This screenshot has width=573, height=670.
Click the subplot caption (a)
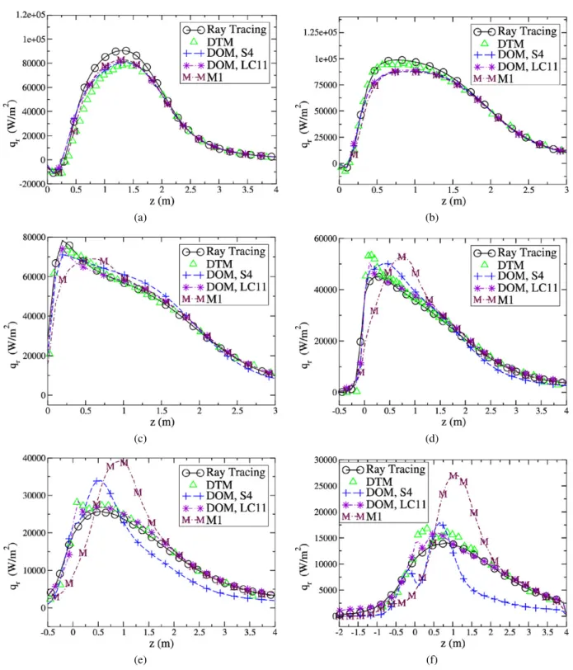click(140, 218)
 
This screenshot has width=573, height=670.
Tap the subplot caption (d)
click(432, 439)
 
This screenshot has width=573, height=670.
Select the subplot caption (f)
click(432, 660)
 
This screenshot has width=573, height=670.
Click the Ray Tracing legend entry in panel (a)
click(224, 30)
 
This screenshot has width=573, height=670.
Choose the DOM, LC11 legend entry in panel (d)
click(515, 288)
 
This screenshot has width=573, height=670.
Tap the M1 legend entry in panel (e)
click(202, 520)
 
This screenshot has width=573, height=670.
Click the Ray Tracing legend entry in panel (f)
click(384, 469)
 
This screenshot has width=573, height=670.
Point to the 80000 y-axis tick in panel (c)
click(34, 238)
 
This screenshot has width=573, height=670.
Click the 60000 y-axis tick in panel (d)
click(326, 238)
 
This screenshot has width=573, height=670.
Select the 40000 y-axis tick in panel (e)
click(34, 459)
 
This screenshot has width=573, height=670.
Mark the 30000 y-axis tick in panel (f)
click(326, 460)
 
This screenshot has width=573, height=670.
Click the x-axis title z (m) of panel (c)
click(162, 422)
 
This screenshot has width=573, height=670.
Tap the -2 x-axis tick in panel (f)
click(339, 632)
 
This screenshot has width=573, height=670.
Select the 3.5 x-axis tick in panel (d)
click(541, 411)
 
